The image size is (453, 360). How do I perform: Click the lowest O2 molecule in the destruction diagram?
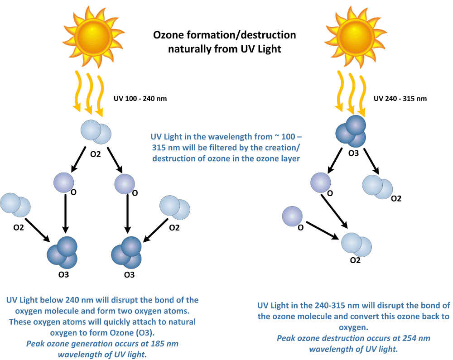(356, 244)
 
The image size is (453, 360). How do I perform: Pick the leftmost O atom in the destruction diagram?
(291, 216)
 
